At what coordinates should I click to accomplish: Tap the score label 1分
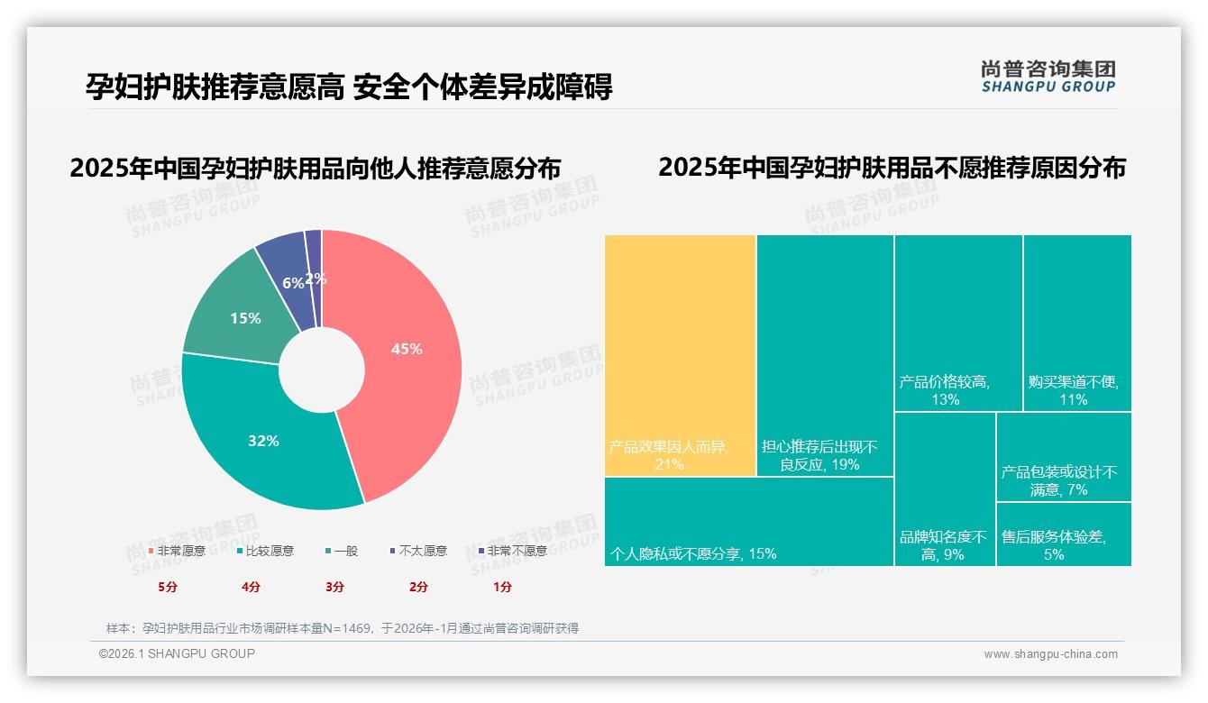point(502,587)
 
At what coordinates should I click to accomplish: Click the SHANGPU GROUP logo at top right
point(1048,76)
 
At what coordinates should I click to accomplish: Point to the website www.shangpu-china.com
point(1050,654)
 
